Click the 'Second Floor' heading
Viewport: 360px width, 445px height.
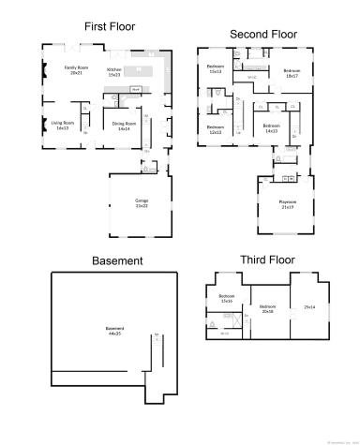(263, 35)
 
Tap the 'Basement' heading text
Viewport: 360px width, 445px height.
(117, 260)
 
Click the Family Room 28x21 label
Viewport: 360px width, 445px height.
(75, 70)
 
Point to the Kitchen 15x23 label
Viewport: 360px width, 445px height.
(114, 70)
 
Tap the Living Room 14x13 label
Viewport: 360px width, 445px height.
(64, 124)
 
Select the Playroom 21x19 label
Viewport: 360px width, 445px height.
(287, 203)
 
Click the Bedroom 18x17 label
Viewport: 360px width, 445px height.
(292, 72)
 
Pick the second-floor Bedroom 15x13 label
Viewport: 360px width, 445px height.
(216, 70)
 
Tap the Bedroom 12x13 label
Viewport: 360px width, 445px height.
(215, 129)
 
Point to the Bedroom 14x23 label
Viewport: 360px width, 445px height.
(272, 127)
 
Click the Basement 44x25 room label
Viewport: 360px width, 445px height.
(114, 330)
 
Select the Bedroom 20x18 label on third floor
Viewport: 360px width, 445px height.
(268, 308)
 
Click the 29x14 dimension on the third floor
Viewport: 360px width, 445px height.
(310, 306)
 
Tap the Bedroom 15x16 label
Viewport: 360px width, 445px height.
(226, 300)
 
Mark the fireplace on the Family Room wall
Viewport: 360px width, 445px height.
(44, 70)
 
